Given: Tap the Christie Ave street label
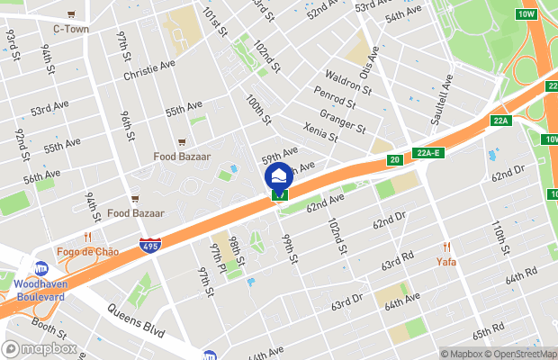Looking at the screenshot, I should (x=148, y=69).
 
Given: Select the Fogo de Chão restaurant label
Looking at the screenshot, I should (x=87, y=251).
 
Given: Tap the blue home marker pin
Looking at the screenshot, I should (x=279, y=175).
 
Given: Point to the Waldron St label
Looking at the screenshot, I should (x=348, y=82).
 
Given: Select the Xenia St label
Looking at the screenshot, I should (x=319, y=130).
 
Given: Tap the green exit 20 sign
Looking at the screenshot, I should (x=394, y=159).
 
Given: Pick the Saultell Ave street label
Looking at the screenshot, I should (x=441, y=91).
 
